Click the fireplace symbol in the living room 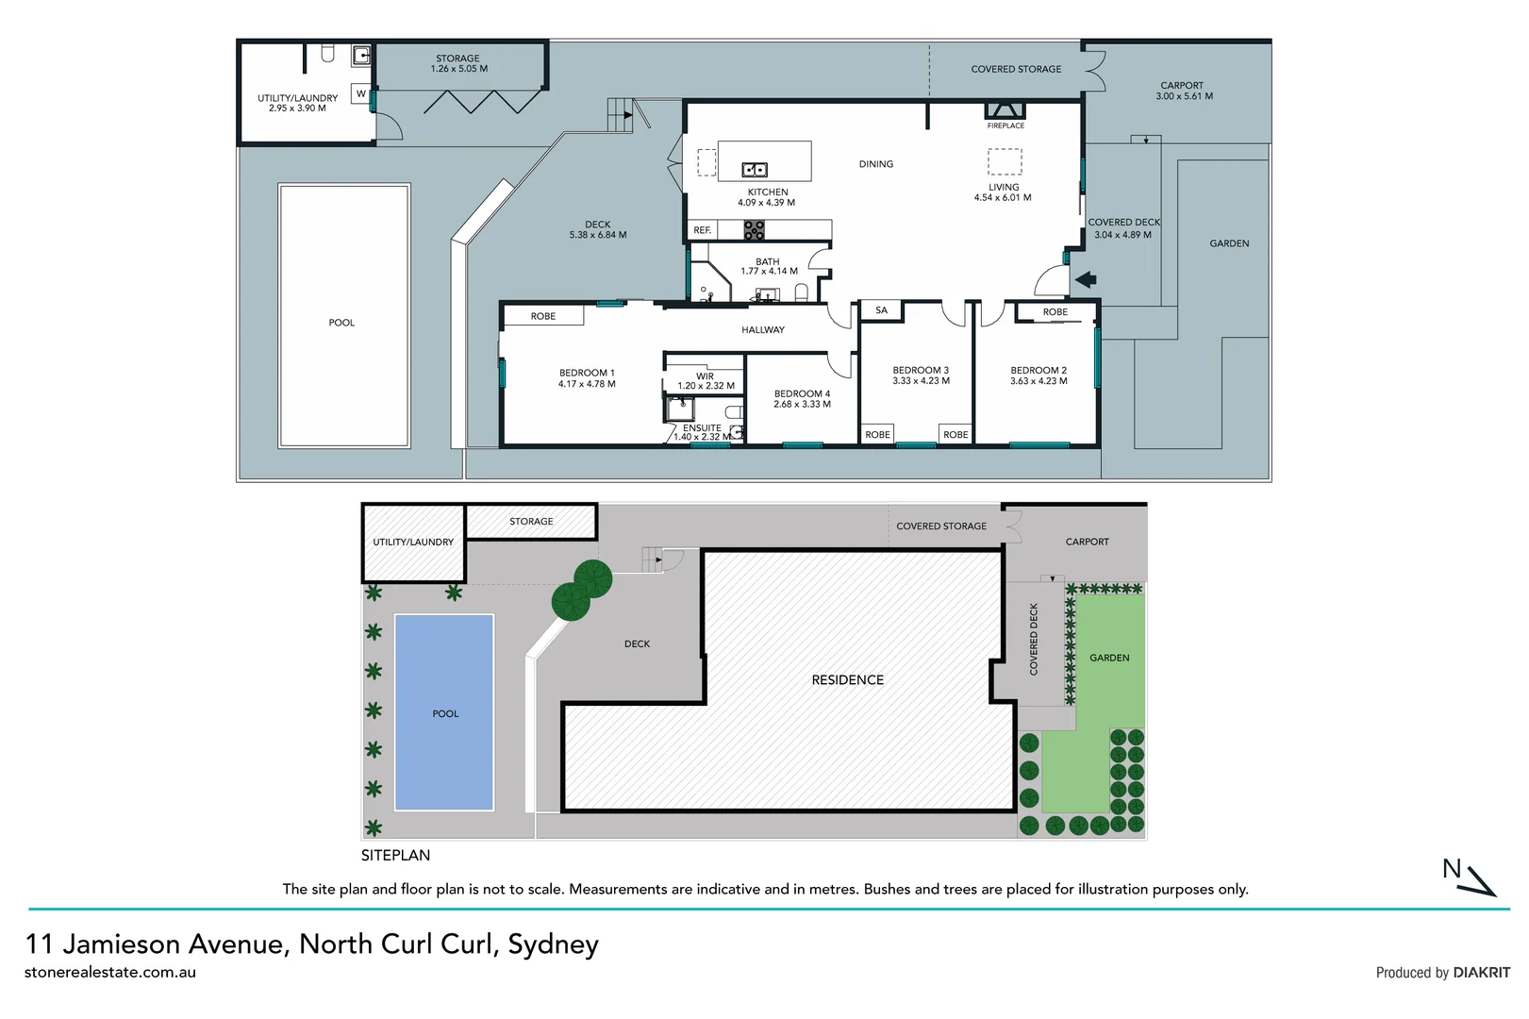(x=1005, y=110)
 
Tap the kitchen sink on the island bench (x=755, y=170)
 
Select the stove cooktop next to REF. (x=754, y=230)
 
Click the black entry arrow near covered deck (x=1086, y=279)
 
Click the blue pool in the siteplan (x=444, y=712)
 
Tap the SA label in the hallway (x=881, y=310)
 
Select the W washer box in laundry (x=360, y=94)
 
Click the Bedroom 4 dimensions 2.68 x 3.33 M (x=802, y=404)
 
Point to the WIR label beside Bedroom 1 (x=705, y=376)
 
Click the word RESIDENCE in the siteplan (x=847, y=679)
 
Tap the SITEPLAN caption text (x=395, y=855)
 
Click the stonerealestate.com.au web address (x=110, y=972)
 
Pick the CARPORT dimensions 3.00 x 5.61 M (x=1184, y=96)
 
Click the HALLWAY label (x=762, y=330)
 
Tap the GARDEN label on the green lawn (x=1108, y=658)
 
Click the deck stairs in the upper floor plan (x=620, y=114)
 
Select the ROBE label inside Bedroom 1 (x=542, y=316)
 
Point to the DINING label (x=875, y=164)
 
